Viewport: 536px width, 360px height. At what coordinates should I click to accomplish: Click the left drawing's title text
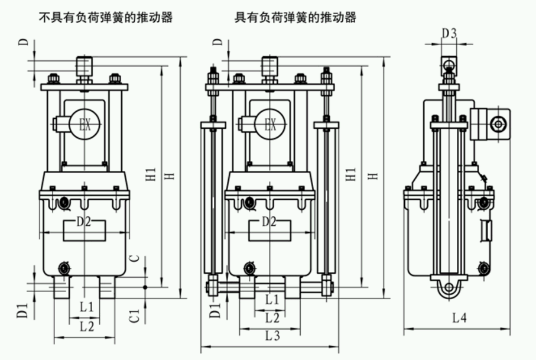(x=105, y=17)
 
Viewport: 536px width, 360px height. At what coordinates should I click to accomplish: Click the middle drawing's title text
(x=295, y=17)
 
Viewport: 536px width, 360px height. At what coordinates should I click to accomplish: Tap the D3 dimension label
(x=450, y=34)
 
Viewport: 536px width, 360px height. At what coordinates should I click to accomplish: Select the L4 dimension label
(x=459, y=318)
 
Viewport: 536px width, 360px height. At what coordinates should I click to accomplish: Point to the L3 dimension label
(x=272, y=336)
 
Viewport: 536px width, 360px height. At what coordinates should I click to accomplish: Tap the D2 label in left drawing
(x=85, y=222)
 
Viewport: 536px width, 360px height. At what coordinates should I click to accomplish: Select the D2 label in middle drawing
(x=269, y=222)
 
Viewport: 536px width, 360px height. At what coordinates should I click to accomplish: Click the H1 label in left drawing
(x=151, y=176)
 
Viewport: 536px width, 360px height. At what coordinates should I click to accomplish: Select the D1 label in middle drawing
(x=216, y=310)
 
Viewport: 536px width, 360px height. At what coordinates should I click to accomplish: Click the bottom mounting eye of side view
(x=450, y=288)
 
